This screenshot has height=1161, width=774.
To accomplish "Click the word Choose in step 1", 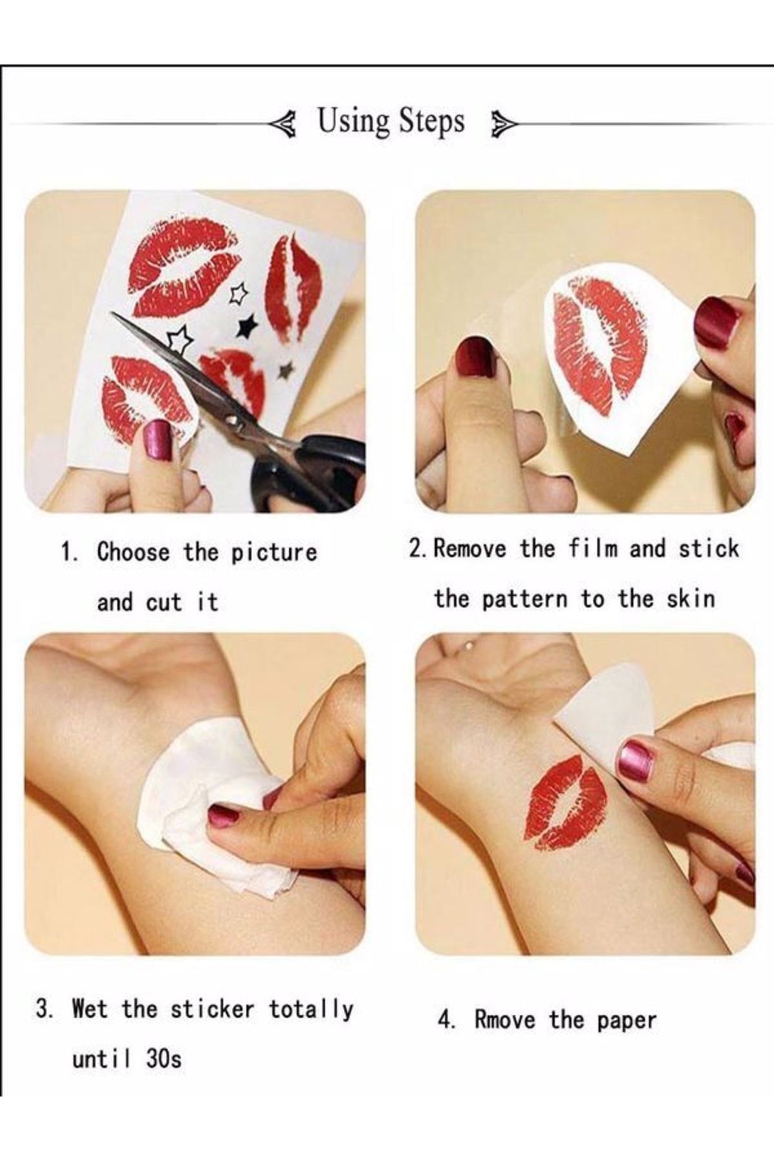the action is tap(134, 552).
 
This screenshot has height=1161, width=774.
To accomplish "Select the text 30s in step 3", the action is tap(163, 1058).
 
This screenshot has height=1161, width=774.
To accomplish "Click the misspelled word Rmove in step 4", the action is tap(504, 1020).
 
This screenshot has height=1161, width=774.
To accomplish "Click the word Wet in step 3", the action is tap(90, 1007).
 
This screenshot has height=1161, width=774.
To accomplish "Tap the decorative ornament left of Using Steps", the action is tap(284, 123).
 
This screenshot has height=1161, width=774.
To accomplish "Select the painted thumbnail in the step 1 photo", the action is tap(157, 441).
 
